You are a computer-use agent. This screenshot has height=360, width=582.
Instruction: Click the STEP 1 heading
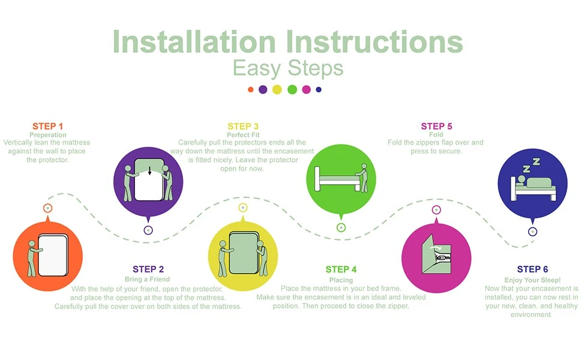[x=47, y=126]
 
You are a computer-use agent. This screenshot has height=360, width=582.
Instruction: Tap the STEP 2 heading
[x=148, y=269]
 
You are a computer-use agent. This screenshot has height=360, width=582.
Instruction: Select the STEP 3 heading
[x=243, y=126]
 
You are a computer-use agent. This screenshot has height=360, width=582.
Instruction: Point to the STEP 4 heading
[x=341, y=269]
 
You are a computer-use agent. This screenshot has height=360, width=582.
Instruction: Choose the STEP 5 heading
[x=437, y=126]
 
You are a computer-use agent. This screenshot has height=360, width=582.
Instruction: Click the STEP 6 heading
[x=533, y=269]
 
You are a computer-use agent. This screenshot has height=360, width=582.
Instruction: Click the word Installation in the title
[x=194, y=41]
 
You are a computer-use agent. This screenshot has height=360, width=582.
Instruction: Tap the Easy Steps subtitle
[x=288, y=68]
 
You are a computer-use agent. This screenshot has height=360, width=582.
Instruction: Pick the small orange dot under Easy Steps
[x=251, y=89]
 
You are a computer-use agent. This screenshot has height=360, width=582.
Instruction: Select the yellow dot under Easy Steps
[x=277, y=89]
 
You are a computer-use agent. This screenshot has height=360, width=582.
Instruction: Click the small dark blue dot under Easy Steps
[x=319, y=89]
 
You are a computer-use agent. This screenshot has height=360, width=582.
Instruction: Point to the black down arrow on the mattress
[x=149, y=171]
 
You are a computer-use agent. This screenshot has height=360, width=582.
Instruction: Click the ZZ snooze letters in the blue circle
[x=531, y=165]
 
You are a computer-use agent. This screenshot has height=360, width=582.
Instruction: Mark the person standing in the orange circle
[x=32, y=259]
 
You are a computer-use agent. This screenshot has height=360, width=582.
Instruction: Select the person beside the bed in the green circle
[x=362, y=178]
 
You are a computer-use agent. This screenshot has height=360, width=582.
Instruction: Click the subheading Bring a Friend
[x=148, y=279]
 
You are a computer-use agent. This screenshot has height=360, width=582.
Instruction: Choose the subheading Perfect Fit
[x=243, y=135]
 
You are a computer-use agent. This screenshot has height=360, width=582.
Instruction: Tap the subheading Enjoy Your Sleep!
[x=532, y=280]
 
